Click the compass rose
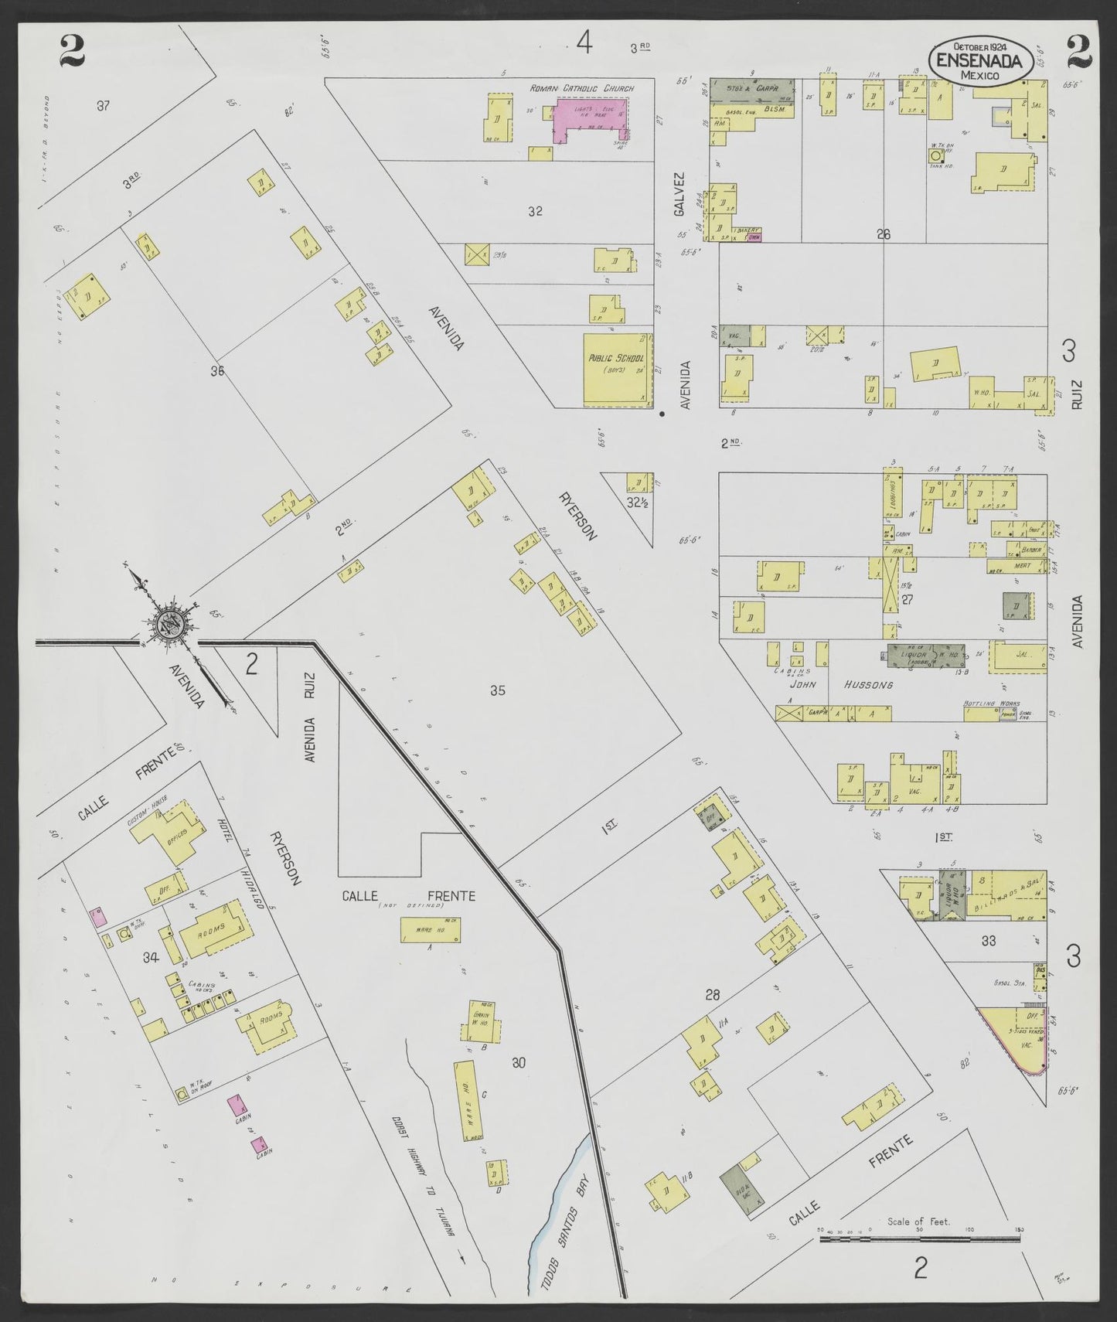[169, 625]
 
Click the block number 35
[497, 690]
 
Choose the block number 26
[884, 234]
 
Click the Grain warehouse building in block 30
[484, 1021]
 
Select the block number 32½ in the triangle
[636, 503]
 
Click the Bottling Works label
[992, 704]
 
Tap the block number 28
[712, 994]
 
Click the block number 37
[103, 106]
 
